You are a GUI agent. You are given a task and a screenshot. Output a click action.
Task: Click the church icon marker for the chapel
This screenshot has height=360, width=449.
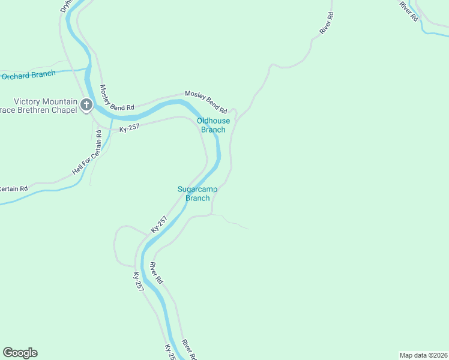point(86,106)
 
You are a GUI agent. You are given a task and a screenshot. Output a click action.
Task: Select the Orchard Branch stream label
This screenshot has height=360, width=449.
point(28,75)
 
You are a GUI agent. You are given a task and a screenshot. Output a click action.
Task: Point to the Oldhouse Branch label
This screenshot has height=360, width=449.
point(213,125)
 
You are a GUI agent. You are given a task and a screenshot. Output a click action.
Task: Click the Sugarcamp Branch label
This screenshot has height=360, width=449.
point(197,193)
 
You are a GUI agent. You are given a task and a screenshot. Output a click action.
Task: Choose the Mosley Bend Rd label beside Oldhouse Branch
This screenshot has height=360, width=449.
point(206,102)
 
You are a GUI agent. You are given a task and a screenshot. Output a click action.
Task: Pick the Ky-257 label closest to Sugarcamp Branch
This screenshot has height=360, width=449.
point(158,224)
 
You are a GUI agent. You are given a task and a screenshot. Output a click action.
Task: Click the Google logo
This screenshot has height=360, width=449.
point(20,353)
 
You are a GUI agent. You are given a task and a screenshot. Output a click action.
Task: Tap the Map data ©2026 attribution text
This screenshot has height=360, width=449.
point(423,355)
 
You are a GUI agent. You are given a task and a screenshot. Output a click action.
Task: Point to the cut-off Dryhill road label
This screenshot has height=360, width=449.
point(66,6)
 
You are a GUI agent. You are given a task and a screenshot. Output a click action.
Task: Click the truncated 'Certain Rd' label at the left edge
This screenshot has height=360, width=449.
point(13,189)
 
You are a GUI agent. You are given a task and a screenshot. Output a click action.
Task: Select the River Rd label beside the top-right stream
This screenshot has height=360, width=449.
point(409,11)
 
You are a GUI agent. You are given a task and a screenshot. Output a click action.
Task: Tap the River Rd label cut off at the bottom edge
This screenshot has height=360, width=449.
point(188,349)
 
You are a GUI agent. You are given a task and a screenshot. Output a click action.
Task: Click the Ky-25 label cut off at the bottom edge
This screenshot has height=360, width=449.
point(170,352)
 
